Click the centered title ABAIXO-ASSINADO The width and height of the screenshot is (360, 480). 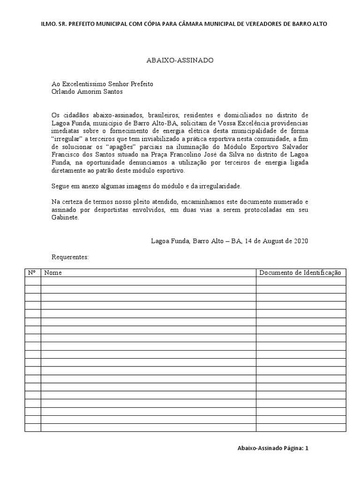tap(180, 60)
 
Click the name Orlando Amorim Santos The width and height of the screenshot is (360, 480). tap(87, 92)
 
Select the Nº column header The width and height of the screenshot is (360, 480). tap(32, 273)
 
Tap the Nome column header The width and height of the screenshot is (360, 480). tap(53, 273)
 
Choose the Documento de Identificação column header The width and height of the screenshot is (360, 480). tap(300, 273)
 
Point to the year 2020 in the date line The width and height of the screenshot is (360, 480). tap(300, 241)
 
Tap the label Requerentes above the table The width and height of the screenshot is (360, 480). tap(70, 257)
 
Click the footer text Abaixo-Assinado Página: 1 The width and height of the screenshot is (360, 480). tap(273, 448)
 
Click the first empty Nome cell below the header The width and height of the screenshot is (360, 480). tap(148, 281)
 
